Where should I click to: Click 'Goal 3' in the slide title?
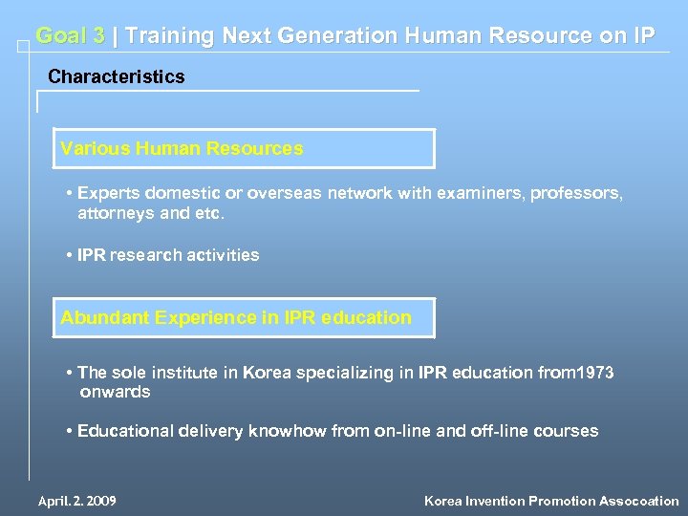[70, 36]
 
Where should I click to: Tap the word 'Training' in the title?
[169, 36]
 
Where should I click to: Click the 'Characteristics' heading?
[116, 76]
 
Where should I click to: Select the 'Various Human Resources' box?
[244, 149]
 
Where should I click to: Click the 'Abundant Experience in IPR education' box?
[244, 317]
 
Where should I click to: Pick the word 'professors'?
[574, 193]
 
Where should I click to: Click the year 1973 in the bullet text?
[592, 373]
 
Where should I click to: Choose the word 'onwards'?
[115, 392]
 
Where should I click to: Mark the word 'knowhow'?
[288, 431]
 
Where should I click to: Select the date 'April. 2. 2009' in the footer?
[77, 501]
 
